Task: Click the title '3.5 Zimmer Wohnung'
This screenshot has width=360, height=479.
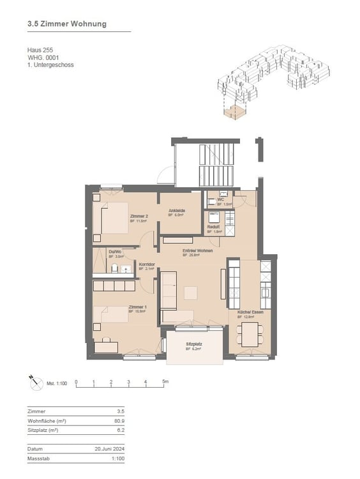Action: click(x=67, y=24)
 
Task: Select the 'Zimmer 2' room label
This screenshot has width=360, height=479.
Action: click(x=139, y=217)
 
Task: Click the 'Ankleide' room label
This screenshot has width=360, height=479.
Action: click(x=177, y=211)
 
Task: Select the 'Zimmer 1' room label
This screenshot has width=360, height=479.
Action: click(x=138, y=307)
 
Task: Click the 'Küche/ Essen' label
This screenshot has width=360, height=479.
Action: click(x=250, y=313)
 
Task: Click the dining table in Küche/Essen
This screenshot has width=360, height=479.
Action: click(x=250, y=332)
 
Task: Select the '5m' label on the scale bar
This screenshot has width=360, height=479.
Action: click(x=165, y=383)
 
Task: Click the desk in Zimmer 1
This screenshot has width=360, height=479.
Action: click(x=106, y=347)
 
